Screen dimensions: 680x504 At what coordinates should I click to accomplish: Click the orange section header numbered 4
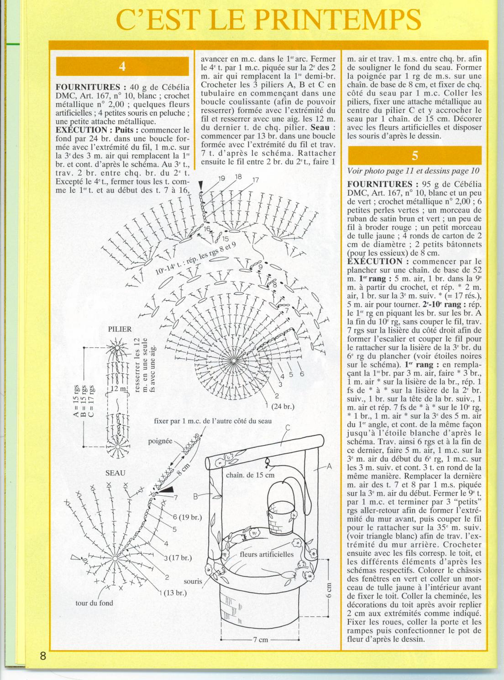coord(122,66)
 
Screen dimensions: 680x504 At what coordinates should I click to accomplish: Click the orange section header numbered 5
coord(415,155)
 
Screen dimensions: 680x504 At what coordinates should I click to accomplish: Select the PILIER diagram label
coord(120,329)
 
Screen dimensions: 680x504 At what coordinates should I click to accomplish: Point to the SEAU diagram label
coord(115,473)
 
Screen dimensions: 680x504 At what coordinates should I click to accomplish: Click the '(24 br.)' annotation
coord(283,406)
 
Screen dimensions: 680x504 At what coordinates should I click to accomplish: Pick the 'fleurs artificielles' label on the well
coord(267,554)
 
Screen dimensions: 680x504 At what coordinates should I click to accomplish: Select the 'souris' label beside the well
coord(193,582)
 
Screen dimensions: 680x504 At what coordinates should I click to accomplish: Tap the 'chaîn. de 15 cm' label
coord(250,475)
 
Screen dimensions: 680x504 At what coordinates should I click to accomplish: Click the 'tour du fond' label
coord(94,603)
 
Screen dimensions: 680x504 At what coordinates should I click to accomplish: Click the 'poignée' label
coord(160,441)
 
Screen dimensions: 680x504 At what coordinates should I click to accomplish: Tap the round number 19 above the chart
coord(222,179)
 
